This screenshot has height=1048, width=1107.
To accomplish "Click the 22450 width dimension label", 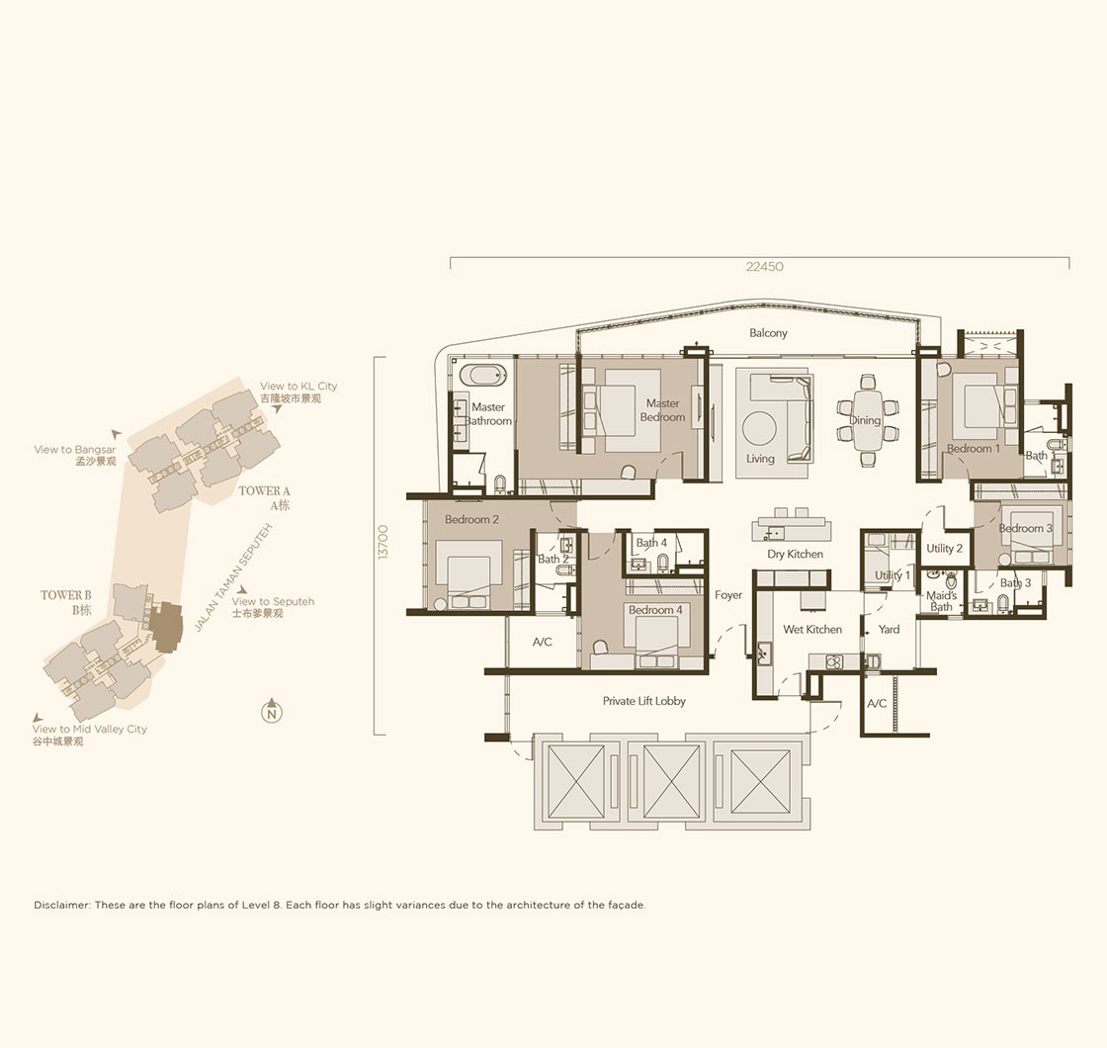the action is coord(765,267).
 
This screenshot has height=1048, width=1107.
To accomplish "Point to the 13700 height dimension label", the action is coord(383,543).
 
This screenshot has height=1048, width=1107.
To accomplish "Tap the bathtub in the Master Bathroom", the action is coord(483,375).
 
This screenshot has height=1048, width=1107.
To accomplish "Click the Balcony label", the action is coord(768,332).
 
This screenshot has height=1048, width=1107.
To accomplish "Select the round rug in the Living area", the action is coord(759,427).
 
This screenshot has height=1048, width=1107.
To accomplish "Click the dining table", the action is coord(868,420).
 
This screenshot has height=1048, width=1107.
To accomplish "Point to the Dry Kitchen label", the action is coord(795,555).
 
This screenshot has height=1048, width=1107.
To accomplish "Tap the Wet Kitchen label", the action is coord(811,629).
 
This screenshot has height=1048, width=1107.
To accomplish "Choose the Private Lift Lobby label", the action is coord(643,701).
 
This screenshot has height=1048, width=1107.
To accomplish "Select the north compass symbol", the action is coord(271,711).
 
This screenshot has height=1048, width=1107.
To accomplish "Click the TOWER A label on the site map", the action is coord(264,490).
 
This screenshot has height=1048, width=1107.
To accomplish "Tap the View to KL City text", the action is coord(298,387).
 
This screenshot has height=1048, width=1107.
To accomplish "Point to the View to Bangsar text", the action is coord(75,450).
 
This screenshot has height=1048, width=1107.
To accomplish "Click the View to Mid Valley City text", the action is coord(90,729).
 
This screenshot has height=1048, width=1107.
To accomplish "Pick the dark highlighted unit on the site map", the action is coord(167,626).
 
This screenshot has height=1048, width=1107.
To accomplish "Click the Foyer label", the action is coord(727,595).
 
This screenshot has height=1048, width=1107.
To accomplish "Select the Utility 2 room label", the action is coord(945,548).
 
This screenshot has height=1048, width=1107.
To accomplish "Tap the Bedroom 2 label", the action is coord(471,520).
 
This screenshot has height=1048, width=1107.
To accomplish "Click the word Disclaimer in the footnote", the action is coord(62,905).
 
